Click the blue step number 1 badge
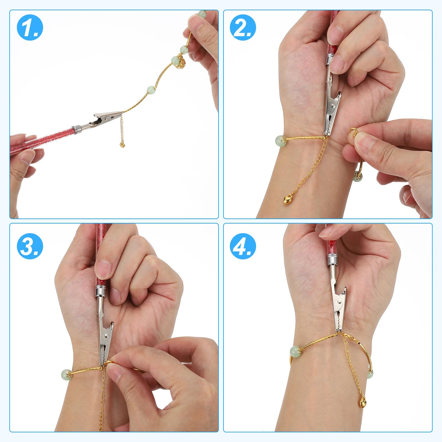click(30, 28)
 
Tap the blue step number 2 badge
click(243, 28)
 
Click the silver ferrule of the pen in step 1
click(76, 128)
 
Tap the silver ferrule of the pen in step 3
click(101, 292)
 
